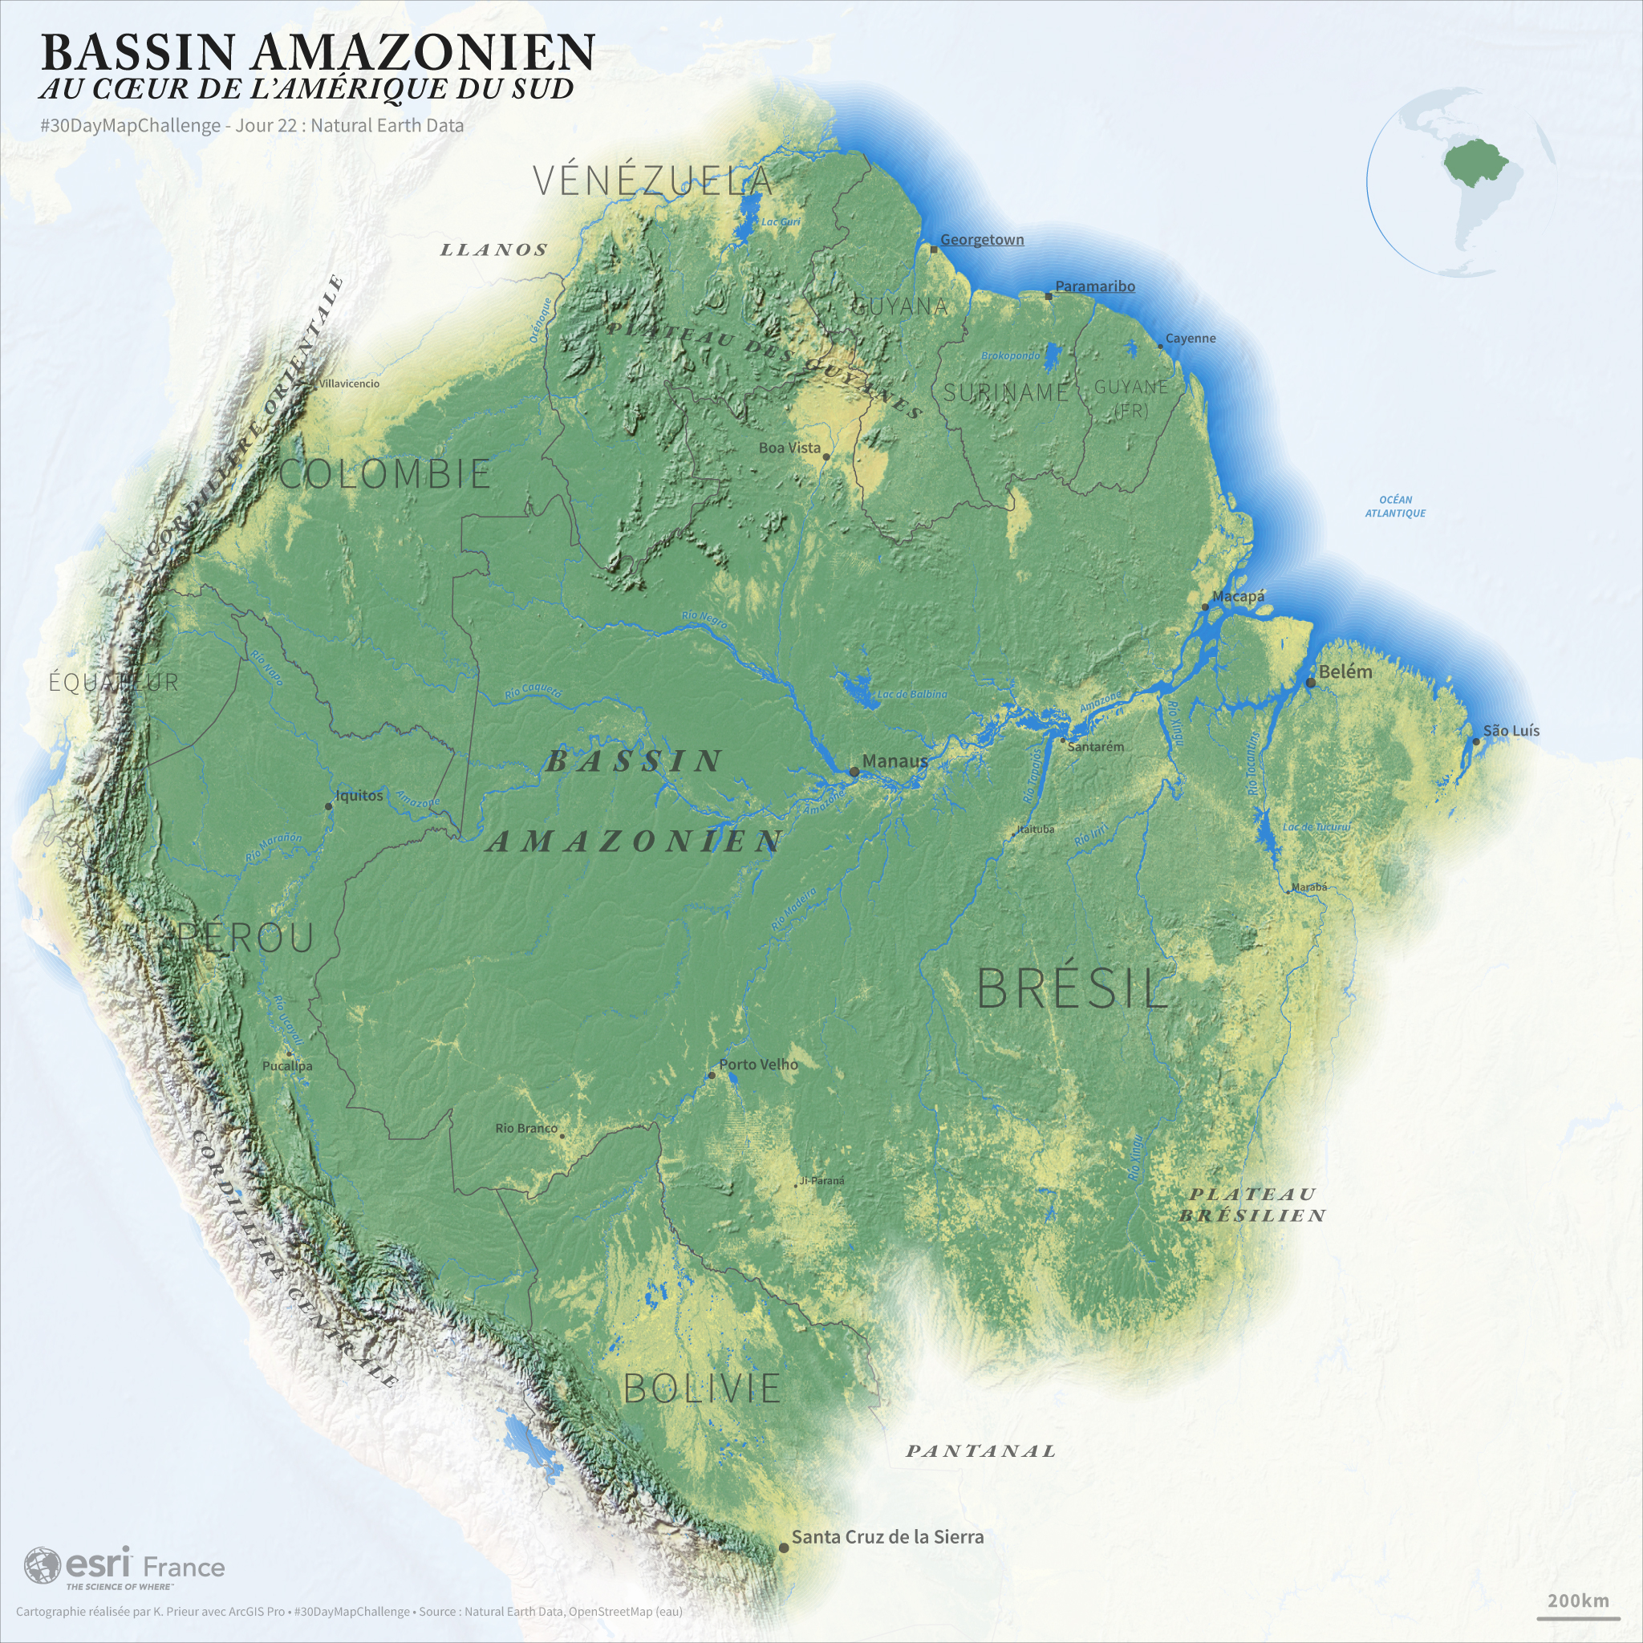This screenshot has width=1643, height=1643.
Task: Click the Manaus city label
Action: (x=894, y=761)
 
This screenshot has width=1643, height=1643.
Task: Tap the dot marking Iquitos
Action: (x=329, y=806)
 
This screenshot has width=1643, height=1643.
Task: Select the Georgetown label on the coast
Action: (x=981, y=240)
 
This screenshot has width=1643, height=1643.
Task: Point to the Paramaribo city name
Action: (x=1094, y=286)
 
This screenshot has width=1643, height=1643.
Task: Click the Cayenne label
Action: (x=1190, y=339)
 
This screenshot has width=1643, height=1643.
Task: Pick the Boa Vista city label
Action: (x=789, y=448)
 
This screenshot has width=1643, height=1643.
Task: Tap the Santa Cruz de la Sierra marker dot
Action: (x=783, y=1548)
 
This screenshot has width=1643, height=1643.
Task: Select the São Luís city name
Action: (x=1511, y=732)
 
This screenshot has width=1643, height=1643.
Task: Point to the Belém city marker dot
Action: (x=1311, y=683)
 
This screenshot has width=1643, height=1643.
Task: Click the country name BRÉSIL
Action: (x=1073, y=988)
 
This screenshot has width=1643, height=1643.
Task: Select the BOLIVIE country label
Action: (x=702, y=1389)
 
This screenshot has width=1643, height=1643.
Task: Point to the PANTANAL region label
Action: (x=980, y=1450)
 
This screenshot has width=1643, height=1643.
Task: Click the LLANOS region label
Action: (x=494, y=250)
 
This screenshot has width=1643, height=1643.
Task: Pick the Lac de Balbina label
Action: (x=911, y=694)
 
